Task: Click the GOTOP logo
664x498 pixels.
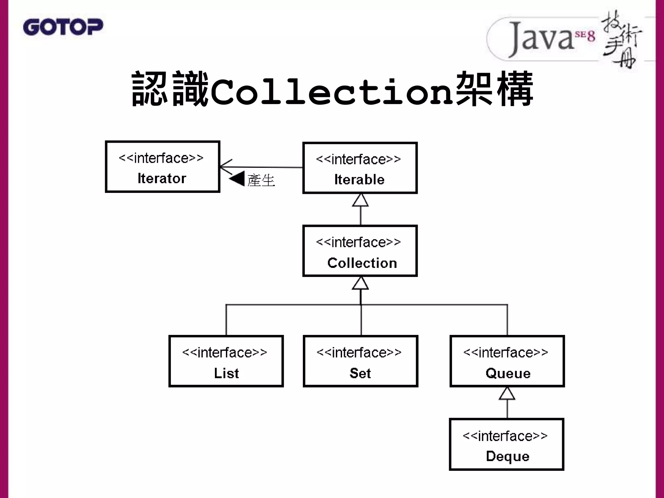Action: (63, 27)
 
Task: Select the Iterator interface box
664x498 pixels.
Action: (162, 167)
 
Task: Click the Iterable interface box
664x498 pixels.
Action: (360, 168)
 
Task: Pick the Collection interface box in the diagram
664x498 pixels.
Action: (360, 251)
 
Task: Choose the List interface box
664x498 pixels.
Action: (226, 361)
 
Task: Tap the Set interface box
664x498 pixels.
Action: (360, 361)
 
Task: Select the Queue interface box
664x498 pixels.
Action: (507, 361)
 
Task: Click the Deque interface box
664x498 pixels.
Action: (506, 444)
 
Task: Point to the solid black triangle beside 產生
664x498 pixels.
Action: (237, 179)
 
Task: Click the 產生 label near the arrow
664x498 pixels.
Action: (261, 180)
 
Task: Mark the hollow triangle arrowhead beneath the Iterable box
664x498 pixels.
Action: (360, 200)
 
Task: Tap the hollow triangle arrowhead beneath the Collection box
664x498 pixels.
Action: (360, 283)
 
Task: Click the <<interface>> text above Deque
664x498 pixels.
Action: (505, 436)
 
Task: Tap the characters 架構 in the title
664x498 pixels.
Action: (494, 89)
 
